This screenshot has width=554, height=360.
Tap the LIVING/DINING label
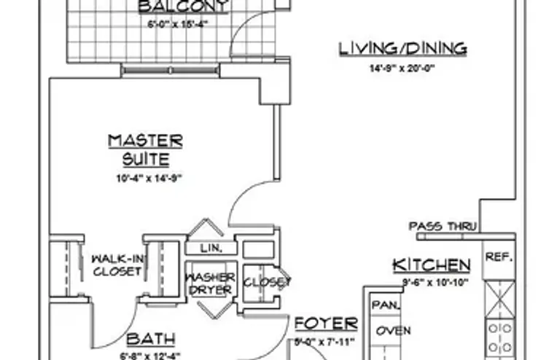(x=402, y=49)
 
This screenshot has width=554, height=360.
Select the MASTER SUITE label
(x=145, y=149)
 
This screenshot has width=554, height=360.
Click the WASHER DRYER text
(x=210, y=283)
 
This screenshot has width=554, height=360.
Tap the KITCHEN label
(x=431, y=264)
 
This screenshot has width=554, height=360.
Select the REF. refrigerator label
(x=499, y=257)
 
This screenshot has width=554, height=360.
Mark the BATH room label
(x=151, y=340)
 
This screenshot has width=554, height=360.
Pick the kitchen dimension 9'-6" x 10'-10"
(x=431, y=281)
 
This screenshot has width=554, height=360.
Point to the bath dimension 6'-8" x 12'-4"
(x=150, y=356)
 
